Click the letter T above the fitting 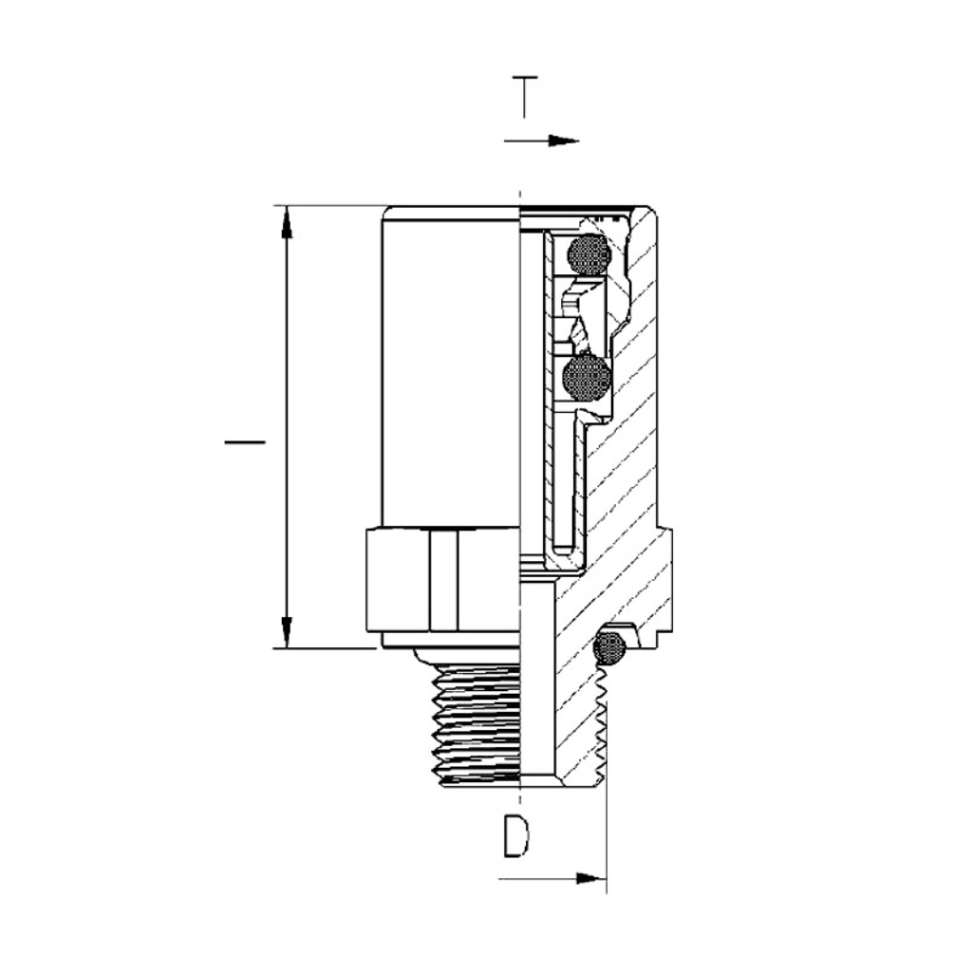point(524,96)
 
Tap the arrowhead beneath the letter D point(590,878)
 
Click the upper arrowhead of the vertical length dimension point(287,222)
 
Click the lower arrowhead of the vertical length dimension point(287,633)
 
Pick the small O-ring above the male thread point(609,647)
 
